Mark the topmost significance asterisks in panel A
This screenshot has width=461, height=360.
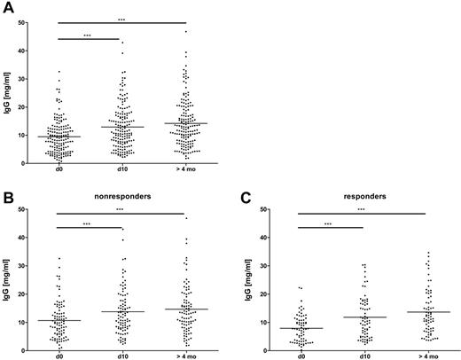tap(121, 18)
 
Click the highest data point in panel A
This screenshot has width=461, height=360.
tap(185, 32)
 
